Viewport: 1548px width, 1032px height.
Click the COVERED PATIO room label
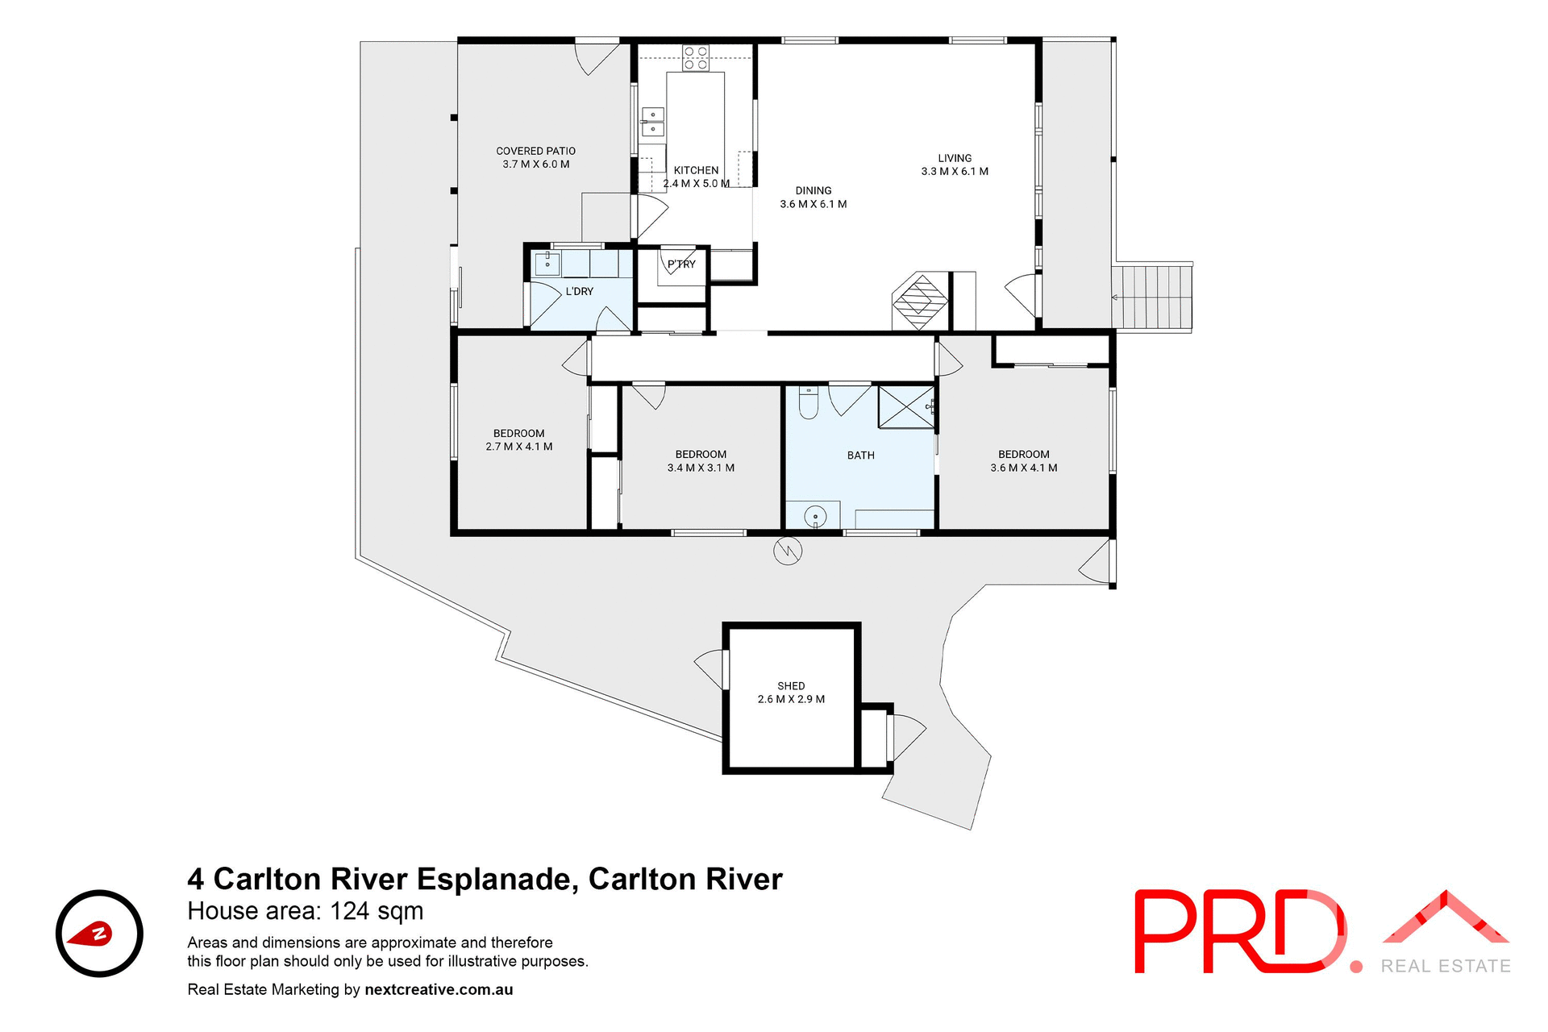[x=535, y=157]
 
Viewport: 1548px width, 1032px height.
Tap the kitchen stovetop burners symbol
[x=696, y=58]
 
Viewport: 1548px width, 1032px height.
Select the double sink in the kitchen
[x=652, y=122]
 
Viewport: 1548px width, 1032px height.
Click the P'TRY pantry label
[x=681, y=264]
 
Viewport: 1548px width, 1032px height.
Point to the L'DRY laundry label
[x=579, y=291]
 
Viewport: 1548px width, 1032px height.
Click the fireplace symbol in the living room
[x=920, y=301]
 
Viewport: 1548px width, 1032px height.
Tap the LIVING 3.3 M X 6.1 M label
[x=955, y=164]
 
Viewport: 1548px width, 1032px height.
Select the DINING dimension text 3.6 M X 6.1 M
[x=813, y=204]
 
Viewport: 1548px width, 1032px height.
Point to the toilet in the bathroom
[x=808, y=402]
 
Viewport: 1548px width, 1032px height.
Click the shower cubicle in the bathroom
[x=905, y=407]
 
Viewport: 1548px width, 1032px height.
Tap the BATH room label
[x=860, y=456]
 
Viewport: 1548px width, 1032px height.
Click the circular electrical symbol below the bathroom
[x=788, y=551]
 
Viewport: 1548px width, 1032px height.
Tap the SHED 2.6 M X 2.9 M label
[x=791, y=693]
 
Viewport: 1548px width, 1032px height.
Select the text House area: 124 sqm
[x=305, y=911]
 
